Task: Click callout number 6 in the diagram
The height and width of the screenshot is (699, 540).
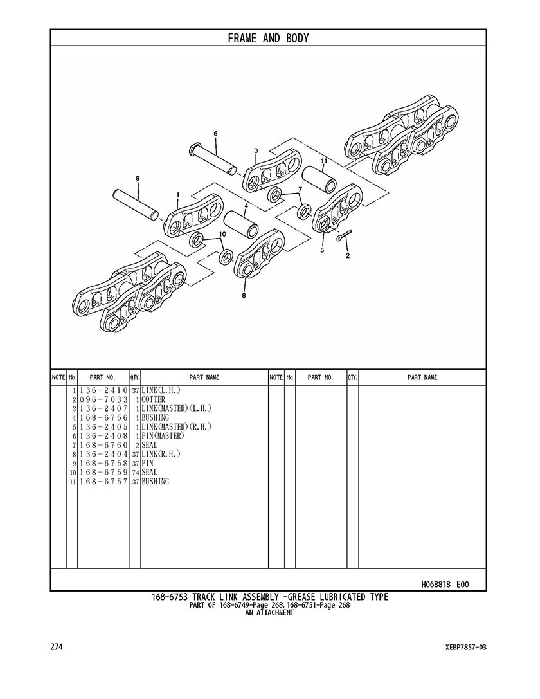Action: click(x=215, y=134)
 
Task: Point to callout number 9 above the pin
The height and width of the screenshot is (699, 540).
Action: click(x=138, y=178)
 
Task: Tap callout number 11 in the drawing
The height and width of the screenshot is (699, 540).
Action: click(x=324, y=161)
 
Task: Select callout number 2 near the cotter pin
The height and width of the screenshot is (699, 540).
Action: click(x=348, y=256)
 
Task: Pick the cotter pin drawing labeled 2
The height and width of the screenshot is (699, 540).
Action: click(x=345, y=237)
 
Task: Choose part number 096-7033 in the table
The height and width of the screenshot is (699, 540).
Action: click(x=104, y=400)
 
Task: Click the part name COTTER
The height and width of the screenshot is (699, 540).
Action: click(x=154, y=400)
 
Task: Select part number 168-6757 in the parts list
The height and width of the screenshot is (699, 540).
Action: click(x=104, y=482)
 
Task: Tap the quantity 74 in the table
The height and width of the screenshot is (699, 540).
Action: click(x=136, y=473)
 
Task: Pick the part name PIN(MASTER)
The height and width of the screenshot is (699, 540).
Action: click(x=163, y=436)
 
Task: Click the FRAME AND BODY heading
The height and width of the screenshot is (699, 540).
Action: click(x=268, y=39)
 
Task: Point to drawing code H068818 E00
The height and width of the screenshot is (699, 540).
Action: click(x=445, y=585)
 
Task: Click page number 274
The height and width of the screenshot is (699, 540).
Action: click(x=57, y=647)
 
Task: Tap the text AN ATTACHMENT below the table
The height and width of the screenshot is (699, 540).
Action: click(x=269, y=613)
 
